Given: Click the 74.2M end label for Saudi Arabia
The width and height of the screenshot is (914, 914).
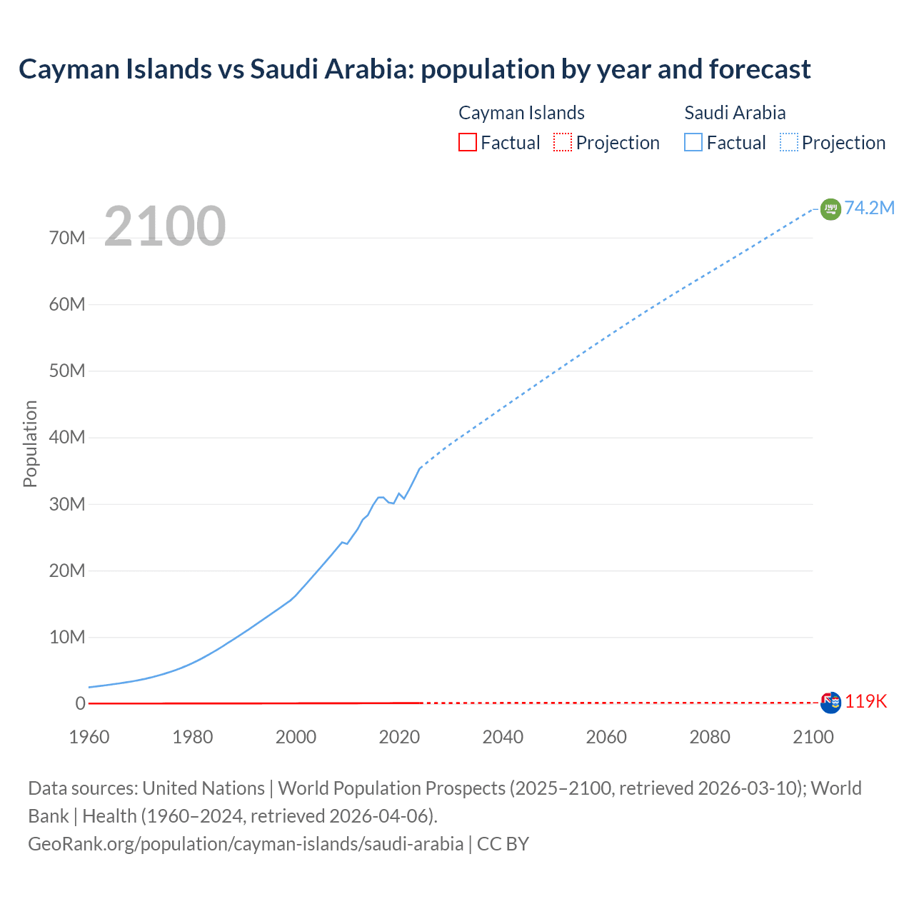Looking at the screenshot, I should coord(869,208).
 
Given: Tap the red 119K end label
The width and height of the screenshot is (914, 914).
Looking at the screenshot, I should coord(865,702).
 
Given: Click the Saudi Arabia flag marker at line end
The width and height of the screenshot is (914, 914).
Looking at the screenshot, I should coord(830,209).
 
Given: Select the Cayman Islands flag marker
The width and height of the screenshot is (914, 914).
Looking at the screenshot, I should coord(830,703).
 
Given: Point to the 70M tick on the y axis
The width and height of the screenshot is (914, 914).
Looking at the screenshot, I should coord(67,238).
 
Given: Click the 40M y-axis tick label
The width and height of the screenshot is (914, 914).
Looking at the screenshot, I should coord(67,437).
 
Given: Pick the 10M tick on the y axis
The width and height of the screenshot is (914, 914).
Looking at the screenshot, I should coord(67,637).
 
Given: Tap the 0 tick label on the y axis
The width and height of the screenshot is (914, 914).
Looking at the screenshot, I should coord(80,703).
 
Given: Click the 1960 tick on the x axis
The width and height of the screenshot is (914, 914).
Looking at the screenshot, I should coord(89,737).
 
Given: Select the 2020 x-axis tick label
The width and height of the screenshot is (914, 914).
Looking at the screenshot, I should coord(399,737).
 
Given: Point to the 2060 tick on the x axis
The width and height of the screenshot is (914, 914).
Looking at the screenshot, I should coord(606,737).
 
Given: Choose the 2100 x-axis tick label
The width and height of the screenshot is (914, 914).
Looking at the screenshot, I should coord(813,737).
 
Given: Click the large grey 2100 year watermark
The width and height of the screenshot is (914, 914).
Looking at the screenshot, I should coord(165,226).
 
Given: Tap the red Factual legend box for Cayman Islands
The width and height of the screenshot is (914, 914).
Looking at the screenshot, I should coord(467,143).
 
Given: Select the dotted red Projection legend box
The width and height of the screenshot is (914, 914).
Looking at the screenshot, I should coord(563,143).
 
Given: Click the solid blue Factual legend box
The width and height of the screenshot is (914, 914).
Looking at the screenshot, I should coord(693,143).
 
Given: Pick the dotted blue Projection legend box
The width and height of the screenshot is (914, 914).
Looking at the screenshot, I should coord(788,143).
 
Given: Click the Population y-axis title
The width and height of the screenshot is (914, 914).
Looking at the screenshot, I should coord(30,443).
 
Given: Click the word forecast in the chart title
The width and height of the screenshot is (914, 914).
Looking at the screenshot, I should coord(760,69).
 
